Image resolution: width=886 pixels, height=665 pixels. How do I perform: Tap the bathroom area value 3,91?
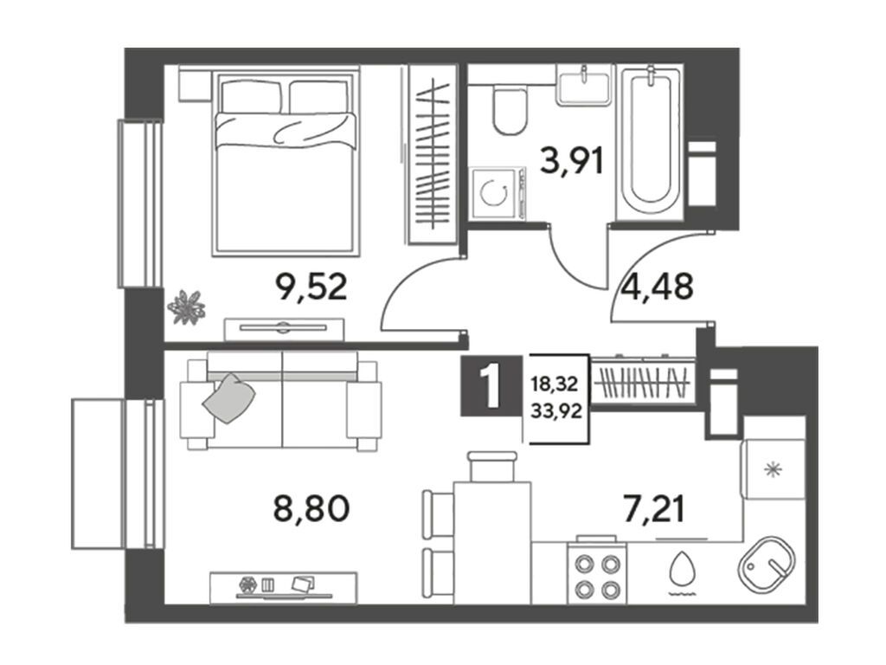(x=572, y=160)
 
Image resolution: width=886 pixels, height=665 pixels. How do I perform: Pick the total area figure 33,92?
(x=556, y=411)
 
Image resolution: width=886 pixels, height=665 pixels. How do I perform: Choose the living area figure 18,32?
(x=555, y=384)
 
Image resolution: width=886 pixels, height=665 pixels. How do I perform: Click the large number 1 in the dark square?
(x=491, y=385)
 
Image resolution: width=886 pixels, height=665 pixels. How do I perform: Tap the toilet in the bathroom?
(x=510, y=110)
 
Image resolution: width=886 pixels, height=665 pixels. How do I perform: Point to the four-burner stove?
(x=597, y=571)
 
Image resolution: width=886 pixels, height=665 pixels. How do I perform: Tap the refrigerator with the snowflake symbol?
(x=773, y=468)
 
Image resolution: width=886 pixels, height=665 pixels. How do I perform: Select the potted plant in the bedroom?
(x=187, y=307)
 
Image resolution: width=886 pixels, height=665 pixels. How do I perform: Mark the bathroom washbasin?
(x=584, y=85)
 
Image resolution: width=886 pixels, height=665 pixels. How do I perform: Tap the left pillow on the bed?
(x=250, y=97)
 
